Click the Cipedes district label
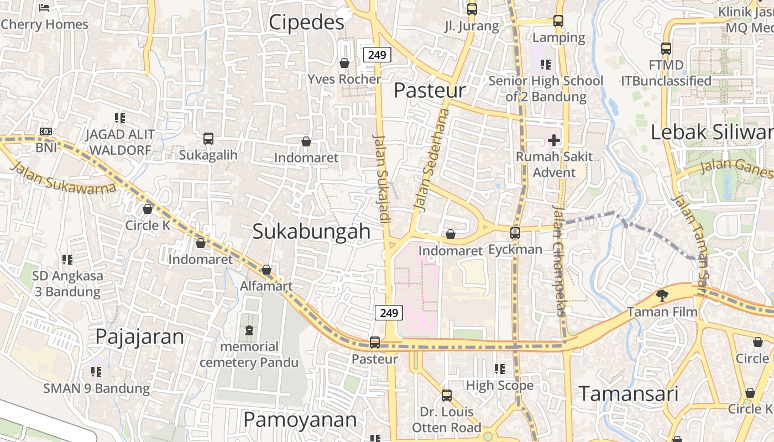(306, 22)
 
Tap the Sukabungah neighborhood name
(311, 231)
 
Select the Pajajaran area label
(139, 336)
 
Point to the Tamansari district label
(628, 394)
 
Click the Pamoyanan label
(300, 420)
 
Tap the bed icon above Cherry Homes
(45, 8)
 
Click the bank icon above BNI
(46, 131)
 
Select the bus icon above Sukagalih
(208, 139)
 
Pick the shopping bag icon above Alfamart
(266, 270)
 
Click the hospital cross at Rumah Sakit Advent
(554, 140)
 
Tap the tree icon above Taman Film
(662, 296)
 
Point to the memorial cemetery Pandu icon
(249, 330)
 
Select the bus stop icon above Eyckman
(515, 233)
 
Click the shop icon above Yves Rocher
(344, 63)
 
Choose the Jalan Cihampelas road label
(559, 260)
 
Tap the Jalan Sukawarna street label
(63, 178)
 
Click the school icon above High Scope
(500, 369)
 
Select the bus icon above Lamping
(558, 21)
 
